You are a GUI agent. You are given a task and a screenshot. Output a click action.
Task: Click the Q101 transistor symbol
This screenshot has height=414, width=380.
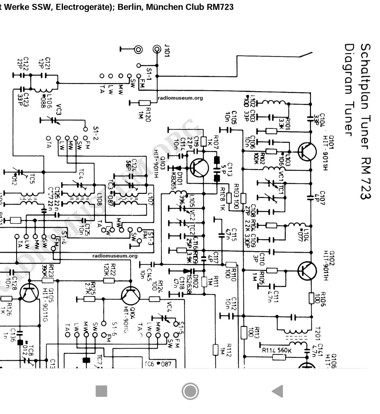pos(306,151)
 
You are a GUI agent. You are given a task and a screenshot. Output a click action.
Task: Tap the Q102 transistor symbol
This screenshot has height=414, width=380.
pos(307,271)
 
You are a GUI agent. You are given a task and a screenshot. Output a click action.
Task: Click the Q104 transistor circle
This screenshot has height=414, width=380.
pos(131,295)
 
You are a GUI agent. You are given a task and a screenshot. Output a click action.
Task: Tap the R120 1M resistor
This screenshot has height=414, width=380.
pos(144,102)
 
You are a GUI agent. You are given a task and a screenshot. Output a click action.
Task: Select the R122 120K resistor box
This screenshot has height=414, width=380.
pos(109,281)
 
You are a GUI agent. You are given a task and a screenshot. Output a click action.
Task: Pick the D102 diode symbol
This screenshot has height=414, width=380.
pos(187,271)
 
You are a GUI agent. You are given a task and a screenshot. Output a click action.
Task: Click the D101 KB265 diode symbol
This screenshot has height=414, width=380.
pos(179,168)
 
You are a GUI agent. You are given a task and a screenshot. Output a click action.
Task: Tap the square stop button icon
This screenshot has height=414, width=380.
pos(101,391)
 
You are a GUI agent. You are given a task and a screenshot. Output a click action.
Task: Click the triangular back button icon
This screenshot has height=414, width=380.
pos(278,391)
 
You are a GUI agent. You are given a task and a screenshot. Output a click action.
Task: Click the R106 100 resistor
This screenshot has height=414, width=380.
pos(311,298)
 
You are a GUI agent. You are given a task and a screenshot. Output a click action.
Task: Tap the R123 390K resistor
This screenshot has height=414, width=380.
pos(48,281)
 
